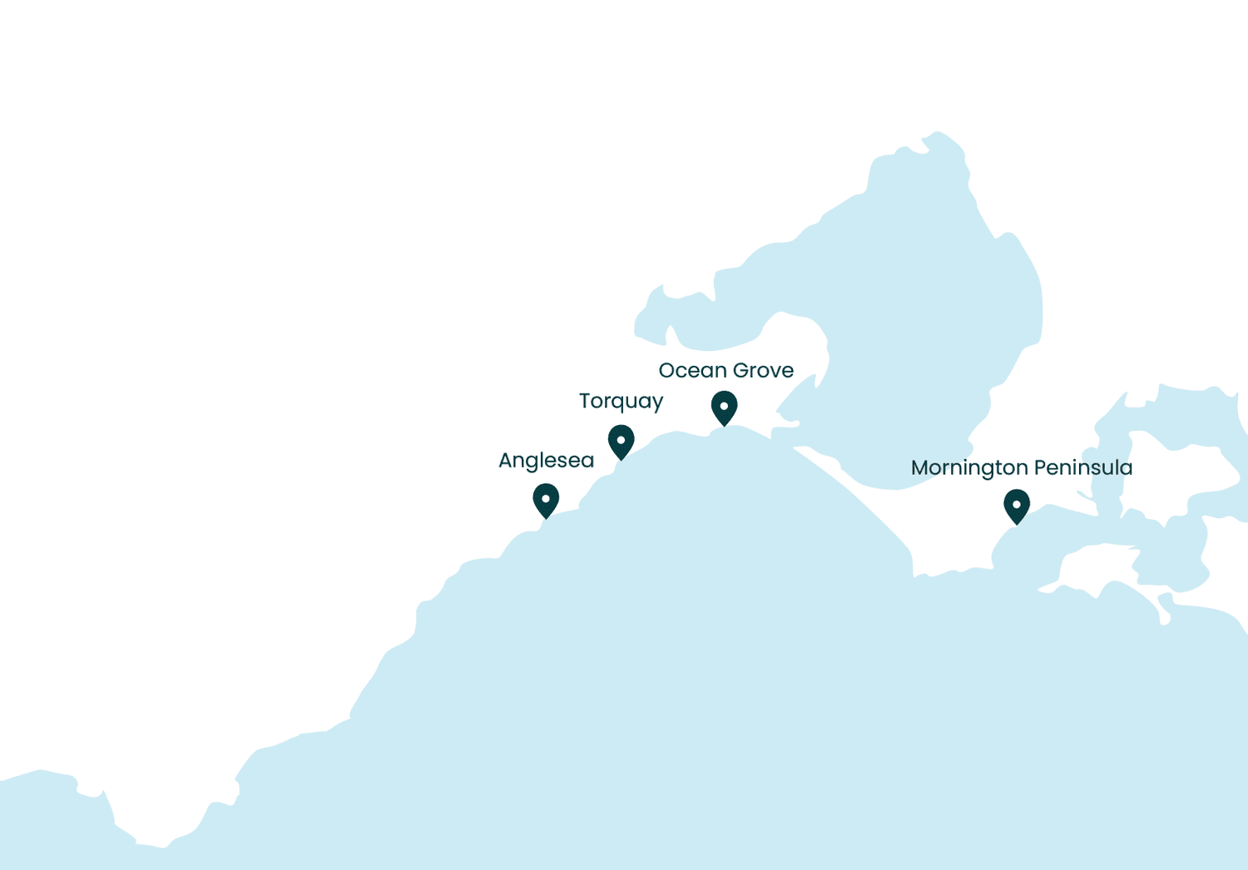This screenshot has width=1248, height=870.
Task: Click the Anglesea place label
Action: pos(546,461)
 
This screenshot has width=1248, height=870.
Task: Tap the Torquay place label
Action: pos(621,401)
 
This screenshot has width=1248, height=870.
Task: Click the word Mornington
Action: pos(969,468)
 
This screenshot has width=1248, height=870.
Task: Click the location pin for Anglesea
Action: pos(546,500)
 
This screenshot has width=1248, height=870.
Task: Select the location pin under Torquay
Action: pos(621,441)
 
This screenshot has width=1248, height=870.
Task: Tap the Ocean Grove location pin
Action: pos(724,408)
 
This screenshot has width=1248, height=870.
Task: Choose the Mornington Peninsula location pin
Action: pos(1017,506)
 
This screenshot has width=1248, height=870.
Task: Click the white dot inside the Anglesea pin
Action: pos(546,498)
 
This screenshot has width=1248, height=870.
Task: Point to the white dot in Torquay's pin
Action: pos(621,439)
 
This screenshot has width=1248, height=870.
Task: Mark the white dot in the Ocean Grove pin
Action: pos(724,406)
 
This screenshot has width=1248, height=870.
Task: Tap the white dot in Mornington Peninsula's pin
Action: pos(1017,504)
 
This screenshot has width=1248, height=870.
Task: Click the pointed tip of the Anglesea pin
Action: pos(546,518)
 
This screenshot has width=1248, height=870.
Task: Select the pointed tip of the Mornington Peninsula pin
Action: pos(1017,524)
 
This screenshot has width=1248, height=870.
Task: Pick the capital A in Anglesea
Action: pos(506,461)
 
